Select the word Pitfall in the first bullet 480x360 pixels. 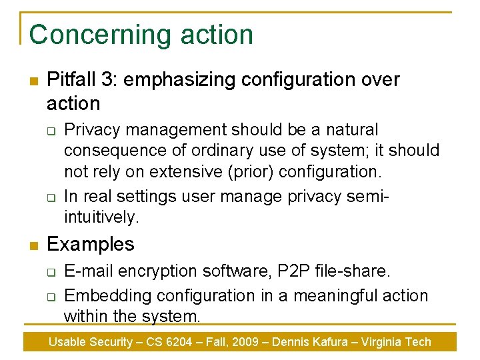[71, 79]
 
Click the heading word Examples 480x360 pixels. [91, 244]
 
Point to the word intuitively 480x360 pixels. [101, 217]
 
